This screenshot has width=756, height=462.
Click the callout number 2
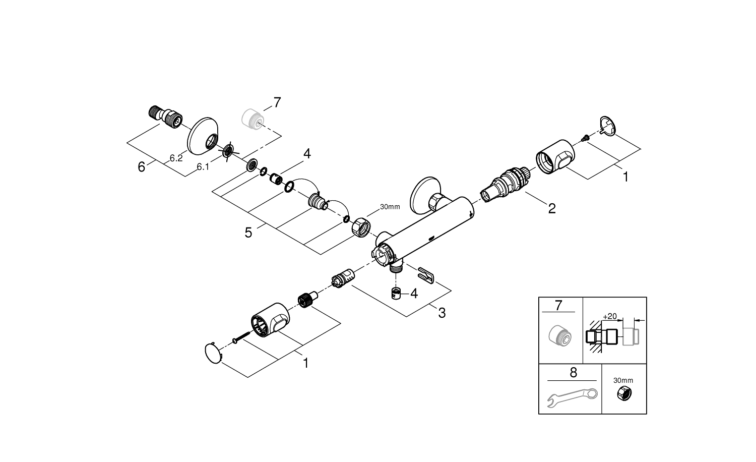click(x=552, y=208)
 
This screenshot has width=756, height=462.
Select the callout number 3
click(x=442, y=313)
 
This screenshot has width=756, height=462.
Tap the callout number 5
click(x=248, y=233)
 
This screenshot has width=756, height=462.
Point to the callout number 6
click(x=142, y=166)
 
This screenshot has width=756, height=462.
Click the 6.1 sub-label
click(x=203, y=166)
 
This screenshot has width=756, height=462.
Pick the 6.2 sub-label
click(x=176, y=158)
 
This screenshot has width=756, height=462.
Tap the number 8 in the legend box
click(x=573, y=373)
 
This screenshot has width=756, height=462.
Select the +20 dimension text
click(x=609, y=316)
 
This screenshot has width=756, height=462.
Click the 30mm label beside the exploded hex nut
click(x=390, y=207)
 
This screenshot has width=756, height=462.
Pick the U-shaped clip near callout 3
click(x=426, y=275)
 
